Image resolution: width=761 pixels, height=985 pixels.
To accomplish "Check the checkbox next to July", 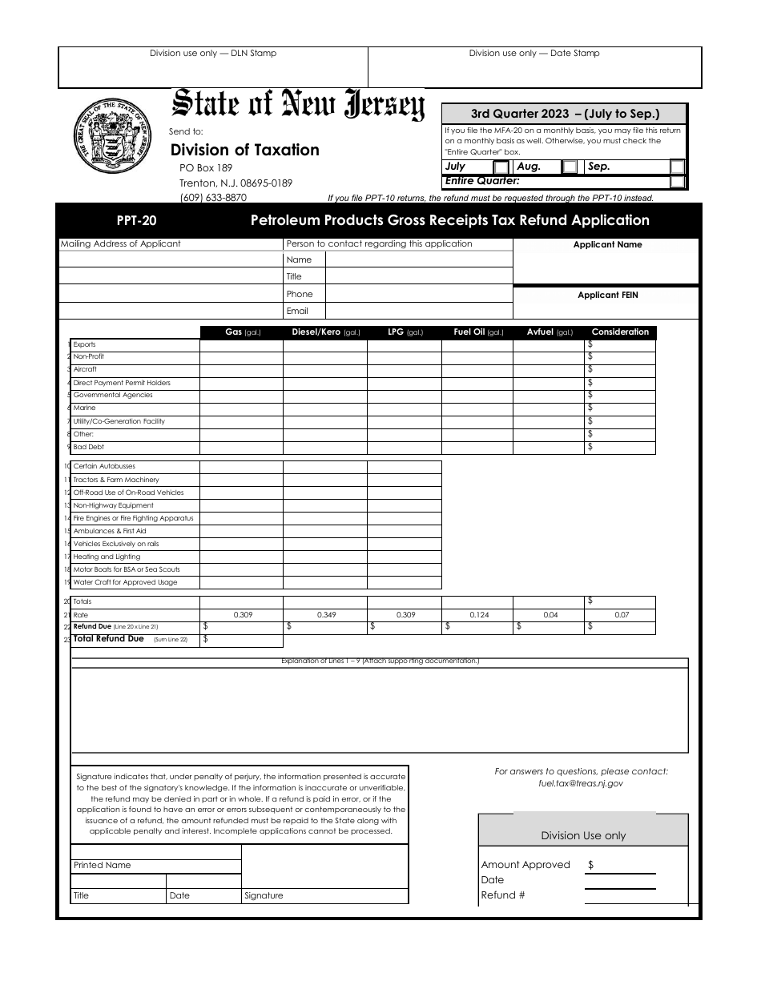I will click(501, 167).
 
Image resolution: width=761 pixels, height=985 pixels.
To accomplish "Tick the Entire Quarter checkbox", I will click(677, 182).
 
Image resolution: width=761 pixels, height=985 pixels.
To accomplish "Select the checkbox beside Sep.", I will click(677, 167).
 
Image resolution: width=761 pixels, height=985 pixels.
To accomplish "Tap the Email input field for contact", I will click(418, 311).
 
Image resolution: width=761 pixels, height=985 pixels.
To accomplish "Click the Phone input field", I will click(418, 294).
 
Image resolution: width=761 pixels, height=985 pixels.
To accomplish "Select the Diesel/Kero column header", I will click(325, 332).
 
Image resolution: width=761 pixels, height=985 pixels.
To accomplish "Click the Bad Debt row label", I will click(89, 447).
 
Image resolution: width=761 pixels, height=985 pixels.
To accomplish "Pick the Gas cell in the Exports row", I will click(240, 345).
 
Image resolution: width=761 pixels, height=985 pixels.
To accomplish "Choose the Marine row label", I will click(84, 408).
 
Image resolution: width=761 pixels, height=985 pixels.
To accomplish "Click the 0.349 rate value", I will click(326, 615).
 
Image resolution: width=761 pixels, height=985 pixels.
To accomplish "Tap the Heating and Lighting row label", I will click(107, 557).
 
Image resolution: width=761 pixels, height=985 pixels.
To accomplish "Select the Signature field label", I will click(264, 896).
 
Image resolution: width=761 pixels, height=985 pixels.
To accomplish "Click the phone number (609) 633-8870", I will click(213, 198).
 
